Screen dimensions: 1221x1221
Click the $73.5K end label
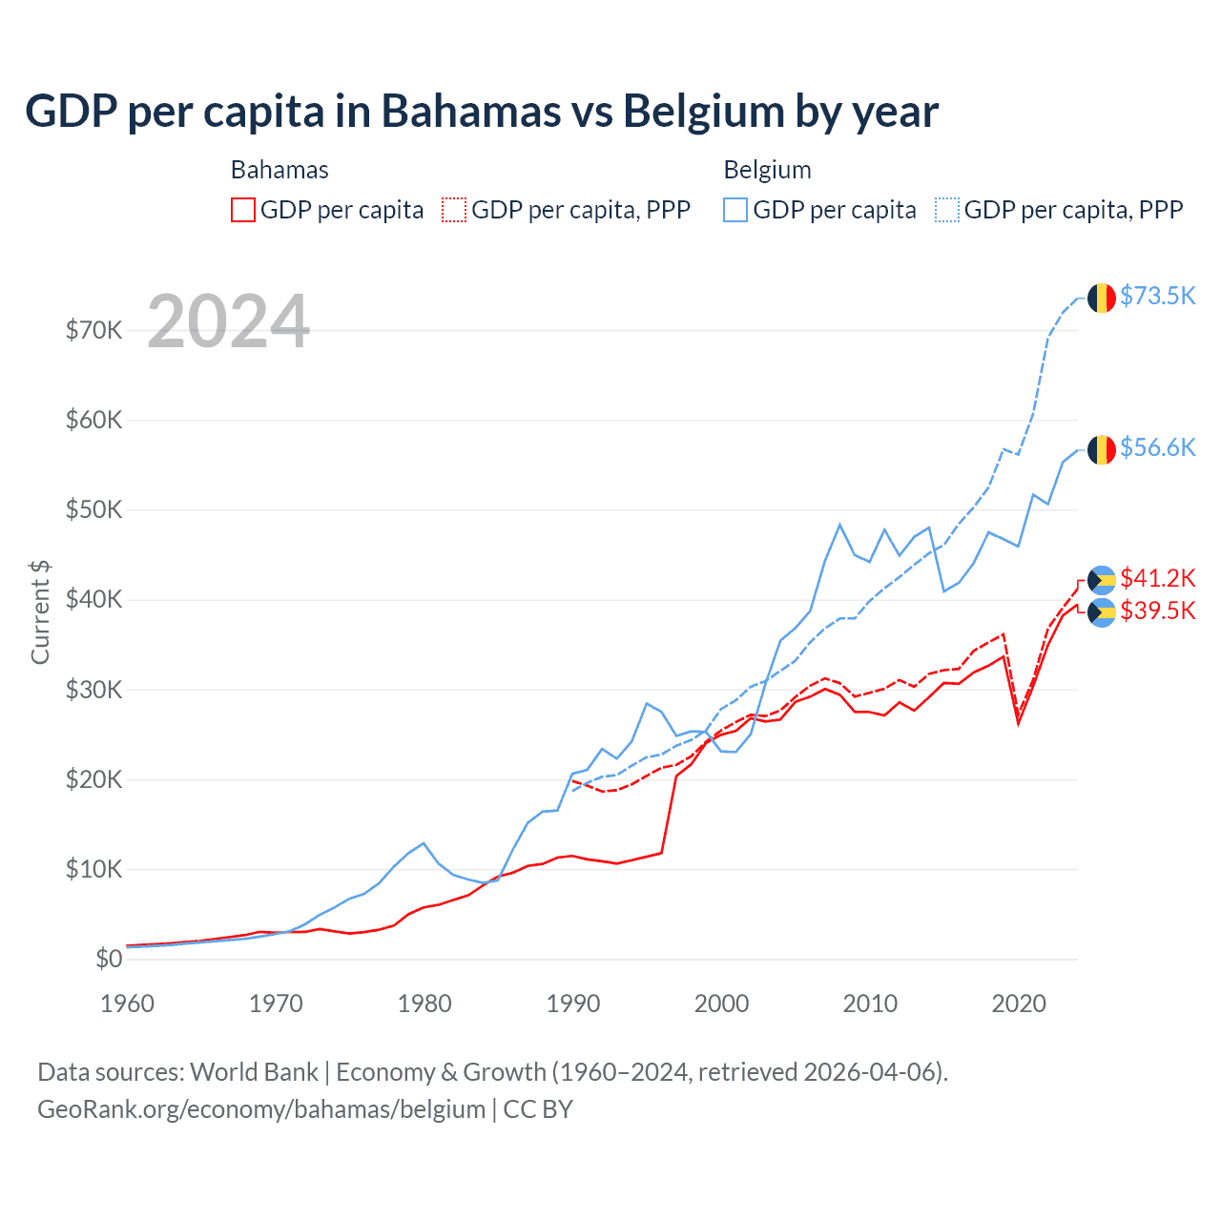coord(1157,296)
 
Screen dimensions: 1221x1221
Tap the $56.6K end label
coord(1157,447)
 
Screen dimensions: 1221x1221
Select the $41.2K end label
coord(1157,578)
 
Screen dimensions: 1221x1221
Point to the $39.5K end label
coord(1157,610)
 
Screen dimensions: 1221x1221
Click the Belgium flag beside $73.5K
coord(1102,298)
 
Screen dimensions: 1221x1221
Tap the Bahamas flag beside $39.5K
coord(1102,612)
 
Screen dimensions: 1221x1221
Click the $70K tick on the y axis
coord(94,330)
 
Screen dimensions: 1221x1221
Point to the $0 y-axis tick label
coord(109,959)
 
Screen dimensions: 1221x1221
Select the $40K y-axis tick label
coord(94,599)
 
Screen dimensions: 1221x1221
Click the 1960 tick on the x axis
coord(128,1004)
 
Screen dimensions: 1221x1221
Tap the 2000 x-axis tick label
coord(722,1004)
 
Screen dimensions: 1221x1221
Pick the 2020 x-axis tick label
coord(1019,1004)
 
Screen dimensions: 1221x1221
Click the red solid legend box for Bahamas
coord(243,210)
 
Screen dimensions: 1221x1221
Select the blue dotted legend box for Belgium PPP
coord(947,210)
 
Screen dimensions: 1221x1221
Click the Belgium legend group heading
coord(767,170)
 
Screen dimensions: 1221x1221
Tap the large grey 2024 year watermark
coord(229,321)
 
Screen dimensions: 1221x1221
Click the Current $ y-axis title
coord(40,611)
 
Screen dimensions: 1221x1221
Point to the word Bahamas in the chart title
coord(470,112)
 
